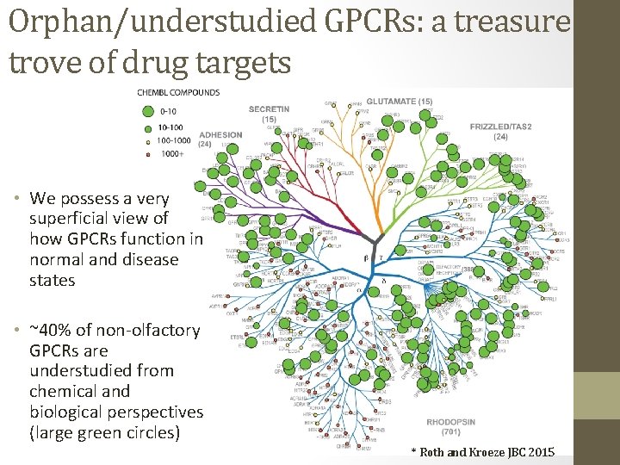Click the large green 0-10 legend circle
pos(146,110)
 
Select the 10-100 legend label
pos(171,126)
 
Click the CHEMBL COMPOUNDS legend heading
pos(178,92)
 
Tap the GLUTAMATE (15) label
pos(399,102)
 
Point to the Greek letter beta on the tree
pos(366,257)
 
